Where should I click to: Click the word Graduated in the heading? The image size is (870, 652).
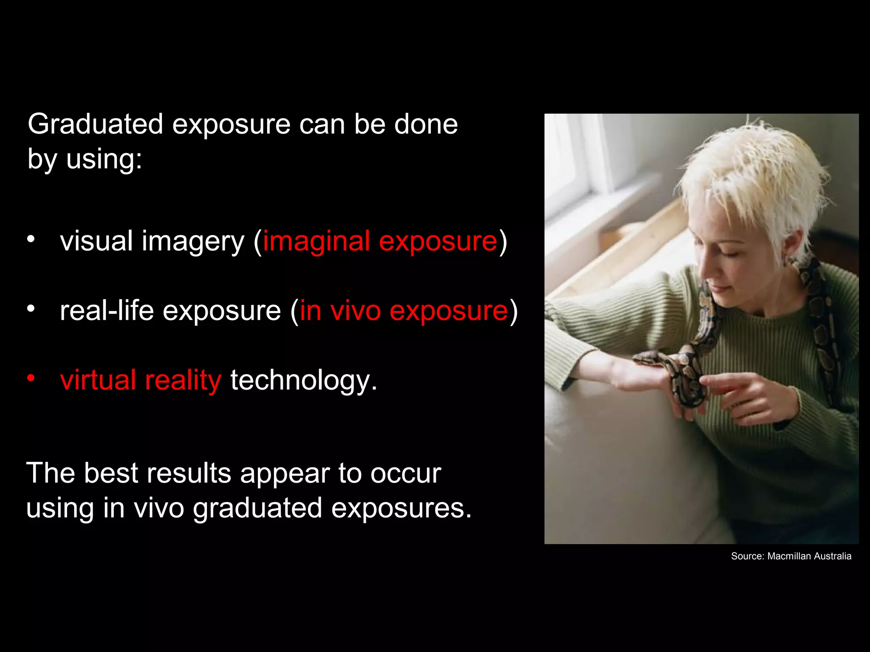(x=95, y=125)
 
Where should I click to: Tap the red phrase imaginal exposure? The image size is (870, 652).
(x=380, y=241)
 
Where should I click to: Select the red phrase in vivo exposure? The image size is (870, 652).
(x=404, y=311)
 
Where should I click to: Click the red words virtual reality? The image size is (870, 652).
(x=141, y=380)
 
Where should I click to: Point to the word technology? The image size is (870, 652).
(x=303, y=380)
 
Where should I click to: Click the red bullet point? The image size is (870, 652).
(x=31, y=377)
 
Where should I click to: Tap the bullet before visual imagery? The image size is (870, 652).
(x=31, y=239)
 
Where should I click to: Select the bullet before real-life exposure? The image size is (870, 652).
(x=31, y=308)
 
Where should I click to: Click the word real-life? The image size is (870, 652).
(x=107, y=311)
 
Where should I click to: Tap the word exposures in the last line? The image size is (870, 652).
(x=401, y=508)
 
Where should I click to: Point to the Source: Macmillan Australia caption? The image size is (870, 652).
(x=791, y=556)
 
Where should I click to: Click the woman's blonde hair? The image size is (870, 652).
(x=756, y=178)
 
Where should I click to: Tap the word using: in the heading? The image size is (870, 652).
(x=104, y=160)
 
